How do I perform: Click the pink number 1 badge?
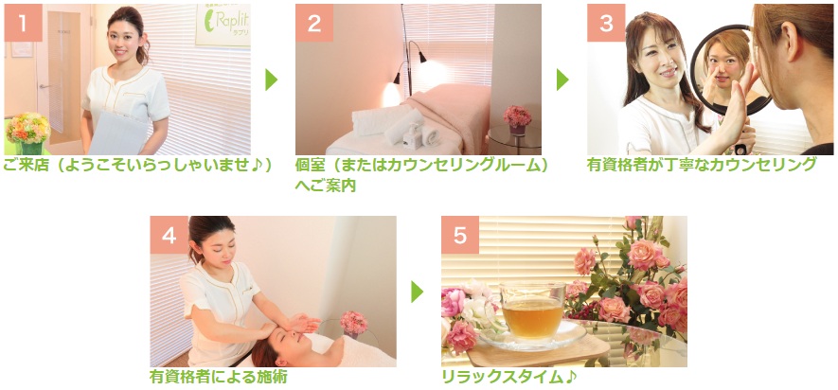pyautogui.click(x=23, y=23)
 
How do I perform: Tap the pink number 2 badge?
pyautogui.click(x=314, y=23)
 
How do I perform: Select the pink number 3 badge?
pyautogui.click(x=606, y=23)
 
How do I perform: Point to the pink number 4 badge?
pyautogui.click(x=169, y=235)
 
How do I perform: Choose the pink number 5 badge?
pyautogui.click(x=460, y=235)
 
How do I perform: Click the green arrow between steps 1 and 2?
pyautogui.click(x=272, y=80)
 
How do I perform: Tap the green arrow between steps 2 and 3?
pyautogui.click(x=562, y=80)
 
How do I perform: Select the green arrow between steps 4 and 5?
pyautogui.click(x=418, y=292)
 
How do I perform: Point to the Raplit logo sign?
pyautogui.click(x=223, y=25)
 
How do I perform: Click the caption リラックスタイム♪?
pyautogui.click(x=509, y=377)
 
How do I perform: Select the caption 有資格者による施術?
pyautogui.click(x=218, y=377)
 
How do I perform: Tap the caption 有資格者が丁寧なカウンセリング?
pyautogui.click(x=702, y=165)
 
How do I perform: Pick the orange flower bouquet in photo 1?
pyautogui.click(x=27, y=128)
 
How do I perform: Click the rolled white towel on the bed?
pyautogui.click(x=403, y=127)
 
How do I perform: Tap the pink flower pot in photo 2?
pyautogui.click(x=517, y=120)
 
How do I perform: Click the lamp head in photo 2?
pyautogui.click(x=422, y=57)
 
